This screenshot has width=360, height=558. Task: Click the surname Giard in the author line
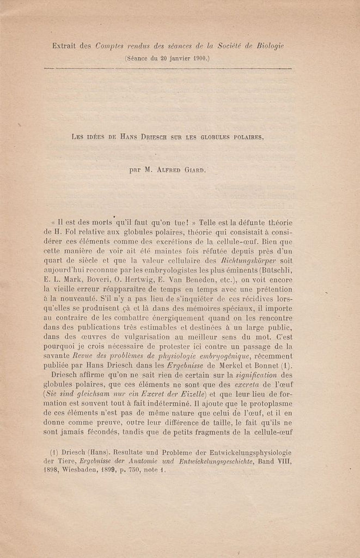click(x=192, y=169)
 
